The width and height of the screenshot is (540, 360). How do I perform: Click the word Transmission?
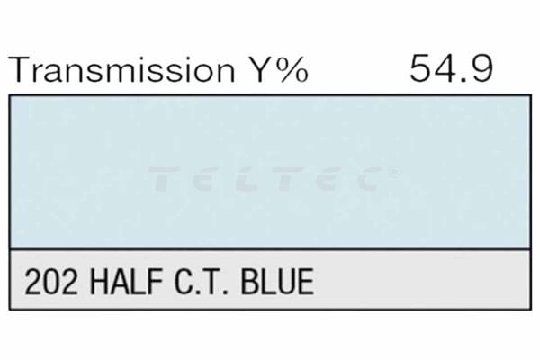click(121, 69)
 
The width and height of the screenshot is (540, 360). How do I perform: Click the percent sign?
click(292, 69)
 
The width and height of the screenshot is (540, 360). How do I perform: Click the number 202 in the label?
click(51, 282)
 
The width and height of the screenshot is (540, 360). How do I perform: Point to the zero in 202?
click(51, 282)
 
